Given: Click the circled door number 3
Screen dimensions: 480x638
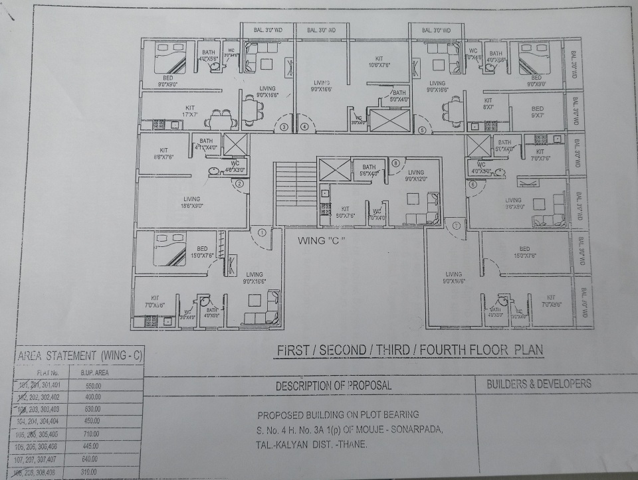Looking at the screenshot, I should (284, 127).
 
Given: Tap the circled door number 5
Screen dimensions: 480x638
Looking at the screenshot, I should (423, 130).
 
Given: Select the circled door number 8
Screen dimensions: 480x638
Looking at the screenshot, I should (395, 163).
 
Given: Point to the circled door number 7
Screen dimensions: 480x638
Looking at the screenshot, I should (456, 226).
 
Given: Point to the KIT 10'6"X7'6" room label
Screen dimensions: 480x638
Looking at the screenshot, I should (378, 62).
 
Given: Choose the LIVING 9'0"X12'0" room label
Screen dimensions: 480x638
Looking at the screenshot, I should (415, 175).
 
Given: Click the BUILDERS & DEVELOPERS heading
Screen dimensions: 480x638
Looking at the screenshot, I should (538, 384).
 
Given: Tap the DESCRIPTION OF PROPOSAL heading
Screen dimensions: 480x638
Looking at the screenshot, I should (334, 385).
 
